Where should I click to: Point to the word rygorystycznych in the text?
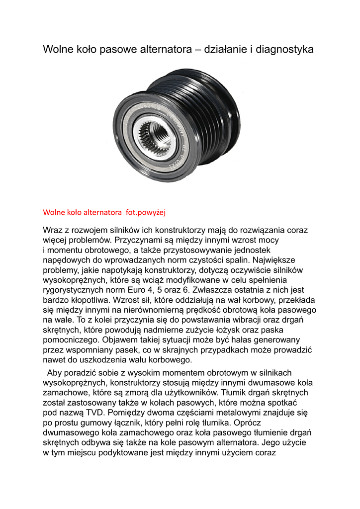click(75, 290)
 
